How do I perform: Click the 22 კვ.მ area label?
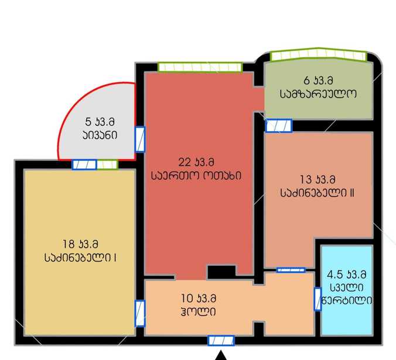click(x=196, y=162)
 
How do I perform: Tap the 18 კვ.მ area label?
click(x=80, y=244)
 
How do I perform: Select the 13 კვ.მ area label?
click(x=318, y=180)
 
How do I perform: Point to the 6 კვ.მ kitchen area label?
click(x=318, y=80)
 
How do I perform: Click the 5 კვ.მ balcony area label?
click(x=100, y=122)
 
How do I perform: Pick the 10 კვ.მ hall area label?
click(x=199, y=299)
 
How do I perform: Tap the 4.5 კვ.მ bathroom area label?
click(x=346, y=275)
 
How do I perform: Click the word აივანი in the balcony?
click(x=100, y=135)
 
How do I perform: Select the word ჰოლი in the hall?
click(x=198, y=312)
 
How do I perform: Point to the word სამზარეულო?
click(x=318, y=94)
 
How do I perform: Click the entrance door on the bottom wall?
click(x=221, y=341)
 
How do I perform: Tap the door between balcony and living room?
click(x=140, y=139)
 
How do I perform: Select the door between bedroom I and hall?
click(x=140, y=313)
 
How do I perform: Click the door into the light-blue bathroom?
click(x=318, y=299)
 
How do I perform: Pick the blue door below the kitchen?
click(x=279, y=126)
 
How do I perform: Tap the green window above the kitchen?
click(x=319, y=54)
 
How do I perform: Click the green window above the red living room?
click(x=200, y=67)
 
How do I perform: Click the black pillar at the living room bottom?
click(x=221, y=272)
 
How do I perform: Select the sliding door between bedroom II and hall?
click(x=291, y=270)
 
